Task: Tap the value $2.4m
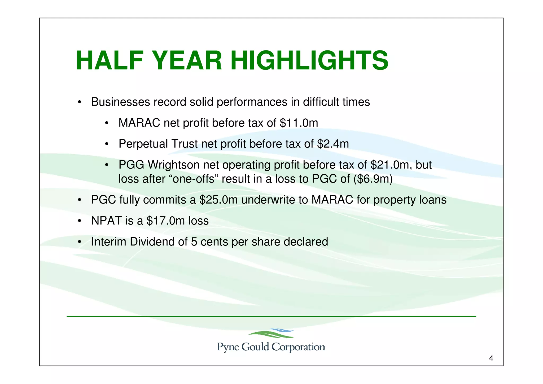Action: tap(333, 144)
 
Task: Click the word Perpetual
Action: tap(143, 144)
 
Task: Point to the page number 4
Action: tap(491, 359)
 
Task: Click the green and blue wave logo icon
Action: tap(271, 333)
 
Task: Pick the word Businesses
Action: tap(120, 102)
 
